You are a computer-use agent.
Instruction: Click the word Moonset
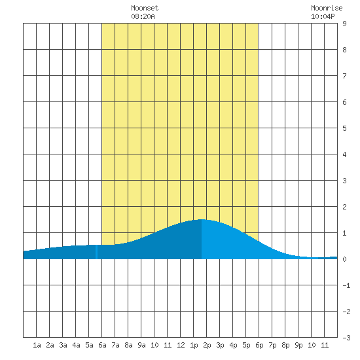(x=145, y=8)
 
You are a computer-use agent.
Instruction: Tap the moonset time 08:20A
(x=143, y=16)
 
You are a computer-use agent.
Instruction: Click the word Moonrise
(x=327, y=8)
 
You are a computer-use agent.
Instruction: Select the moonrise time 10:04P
(x=323, y=16)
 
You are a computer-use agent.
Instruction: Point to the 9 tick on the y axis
(x=344, y=24)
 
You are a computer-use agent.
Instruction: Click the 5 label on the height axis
(x=344, y=128)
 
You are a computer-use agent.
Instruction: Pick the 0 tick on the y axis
(x=344, y=259)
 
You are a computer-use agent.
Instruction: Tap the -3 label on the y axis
(x=346, y=338)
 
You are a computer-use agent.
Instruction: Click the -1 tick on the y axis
(x=346, y=285)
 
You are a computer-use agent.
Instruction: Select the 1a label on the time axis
(x=37, y=345)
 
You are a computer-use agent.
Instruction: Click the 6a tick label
(x=102, y=345)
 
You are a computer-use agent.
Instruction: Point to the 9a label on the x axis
(x=141, y=345)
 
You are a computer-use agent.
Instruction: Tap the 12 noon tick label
(x=181, y=345)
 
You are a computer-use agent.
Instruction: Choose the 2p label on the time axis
(x=207, y=345)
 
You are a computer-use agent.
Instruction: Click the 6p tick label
(x=259, y=345)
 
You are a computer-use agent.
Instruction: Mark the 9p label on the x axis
(x=298, y=345)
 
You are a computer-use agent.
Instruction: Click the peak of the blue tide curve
(x=202, y=220)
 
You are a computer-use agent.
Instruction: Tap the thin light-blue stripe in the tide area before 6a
(x=96, y=252)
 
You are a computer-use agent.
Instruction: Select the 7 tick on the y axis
(x=344, y=76)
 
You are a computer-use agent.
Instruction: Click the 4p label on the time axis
(x=233, y=345)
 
